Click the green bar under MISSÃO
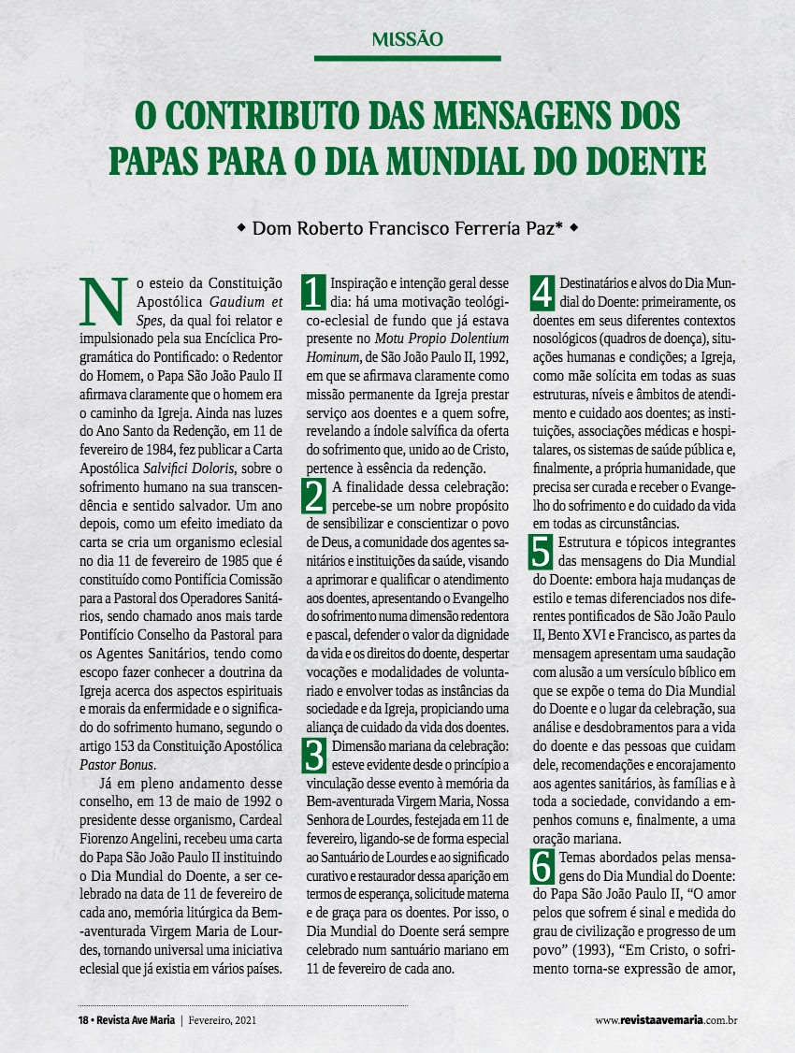click(407, 58)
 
